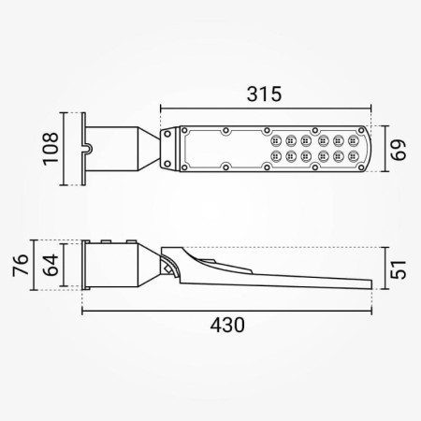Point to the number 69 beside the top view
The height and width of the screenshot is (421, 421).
tap(399, 148)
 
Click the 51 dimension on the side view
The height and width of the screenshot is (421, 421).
tap(399, 269)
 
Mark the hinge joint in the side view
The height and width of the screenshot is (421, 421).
tap(167, 266)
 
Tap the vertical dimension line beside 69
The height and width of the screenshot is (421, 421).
tap(386, 148)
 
